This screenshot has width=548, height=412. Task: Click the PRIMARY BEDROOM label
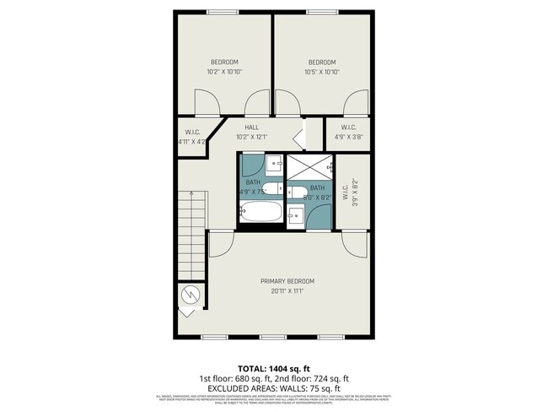click(287, 281)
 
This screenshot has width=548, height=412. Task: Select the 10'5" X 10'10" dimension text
click(321, 72)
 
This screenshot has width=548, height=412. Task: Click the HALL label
click(251, 127)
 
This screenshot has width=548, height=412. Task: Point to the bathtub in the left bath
click(259, 212)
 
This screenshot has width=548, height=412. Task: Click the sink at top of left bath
click(276, 163)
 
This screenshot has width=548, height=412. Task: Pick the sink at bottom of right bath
click(296, 216)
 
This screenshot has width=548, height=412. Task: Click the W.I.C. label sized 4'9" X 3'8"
click(348, 129)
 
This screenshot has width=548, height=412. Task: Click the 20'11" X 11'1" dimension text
click(287, 291)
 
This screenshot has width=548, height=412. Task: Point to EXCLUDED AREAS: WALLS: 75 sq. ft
click(275, 389)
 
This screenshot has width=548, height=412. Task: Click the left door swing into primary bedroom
click(221, 245)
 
